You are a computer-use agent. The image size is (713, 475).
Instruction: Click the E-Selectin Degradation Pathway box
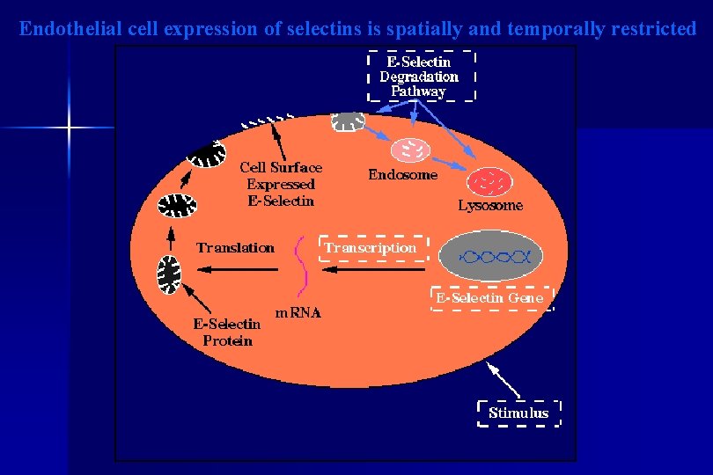click(420, 76)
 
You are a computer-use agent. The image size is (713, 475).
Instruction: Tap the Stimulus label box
click(518, 413)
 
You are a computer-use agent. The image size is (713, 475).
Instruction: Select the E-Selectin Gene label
click(490, 298)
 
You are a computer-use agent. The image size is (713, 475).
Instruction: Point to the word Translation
click(235, 248)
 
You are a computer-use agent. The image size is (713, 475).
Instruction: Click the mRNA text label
click(298, 312)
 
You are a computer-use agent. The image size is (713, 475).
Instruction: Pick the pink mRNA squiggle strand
click(304, 264)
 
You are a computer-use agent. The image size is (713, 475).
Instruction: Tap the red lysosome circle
click(488, 181)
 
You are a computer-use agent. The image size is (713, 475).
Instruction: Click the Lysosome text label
click(490, 206)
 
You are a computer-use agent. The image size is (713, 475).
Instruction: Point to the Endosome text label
click(402, 174)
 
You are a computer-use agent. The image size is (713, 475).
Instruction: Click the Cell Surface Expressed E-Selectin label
click(281, 184)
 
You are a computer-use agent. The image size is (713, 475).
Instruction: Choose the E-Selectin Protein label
click(227, 332)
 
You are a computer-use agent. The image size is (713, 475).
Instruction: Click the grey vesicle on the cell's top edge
click(348, 121)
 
